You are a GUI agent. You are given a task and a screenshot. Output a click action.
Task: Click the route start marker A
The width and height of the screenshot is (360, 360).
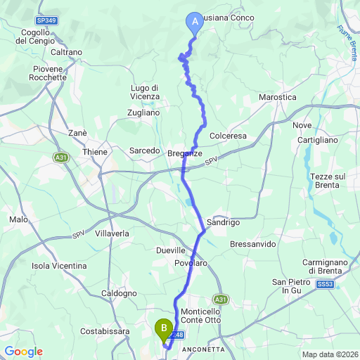click(193, 22)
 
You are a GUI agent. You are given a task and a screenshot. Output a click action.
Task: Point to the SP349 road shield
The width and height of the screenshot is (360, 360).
click(47, 21)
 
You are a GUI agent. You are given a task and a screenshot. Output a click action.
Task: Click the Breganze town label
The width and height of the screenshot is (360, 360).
click(186, 153)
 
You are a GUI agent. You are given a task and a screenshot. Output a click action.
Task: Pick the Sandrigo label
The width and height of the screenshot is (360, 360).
click(224, 222)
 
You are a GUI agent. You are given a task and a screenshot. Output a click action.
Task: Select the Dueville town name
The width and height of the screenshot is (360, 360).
click(170, 250)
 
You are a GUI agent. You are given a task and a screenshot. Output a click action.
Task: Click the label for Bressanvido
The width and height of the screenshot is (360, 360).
click(253, 243)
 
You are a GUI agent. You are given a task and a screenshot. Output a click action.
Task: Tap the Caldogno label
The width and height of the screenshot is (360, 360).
click(119, 292)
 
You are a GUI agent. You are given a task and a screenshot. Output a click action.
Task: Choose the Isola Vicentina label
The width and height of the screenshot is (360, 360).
click(60, 266)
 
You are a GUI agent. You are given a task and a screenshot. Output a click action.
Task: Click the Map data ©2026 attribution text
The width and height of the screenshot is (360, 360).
click(329, 354)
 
